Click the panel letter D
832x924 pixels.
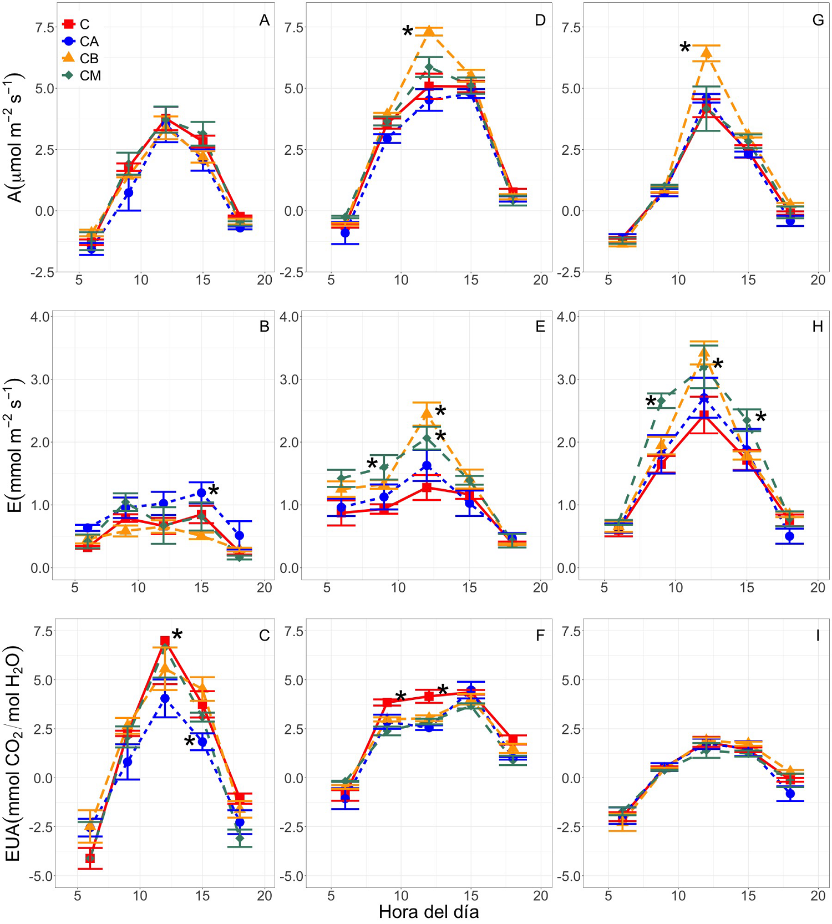(x=540, y=21)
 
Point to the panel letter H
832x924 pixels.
(x=818, y=327)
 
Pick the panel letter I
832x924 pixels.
(x=818, y=636)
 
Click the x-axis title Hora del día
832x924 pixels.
(x=428, y=912)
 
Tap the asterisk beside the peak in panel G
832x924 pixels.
(x=685, y=48)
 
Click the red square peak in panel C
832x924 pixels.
(x=165, y=641)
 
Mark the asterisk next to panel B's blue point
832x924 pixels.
(x=214, y=490)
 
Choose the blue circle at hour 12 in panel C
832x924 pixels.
(x=165, y=698)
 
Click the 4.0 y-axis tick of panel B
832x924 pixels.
(x=42, y=317)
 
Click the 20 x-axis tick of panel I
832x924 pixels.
(x=818, y=895)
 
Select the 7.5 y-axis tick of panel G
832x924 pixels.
(x=571, y=28)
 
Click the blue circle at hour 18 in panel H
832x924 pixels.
(x=790, y=536)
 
